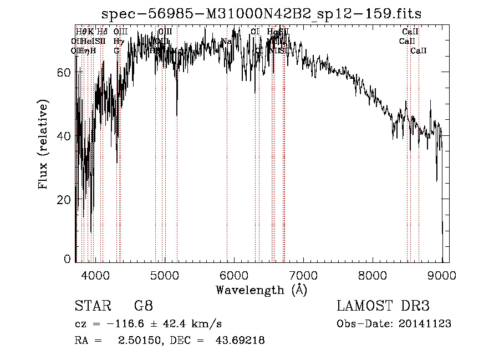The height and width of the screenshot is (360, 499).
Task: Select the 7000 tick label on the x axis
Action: tap(303, 275)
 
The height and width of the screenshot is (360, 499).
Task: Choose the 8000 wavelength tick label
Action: tap(373, 275)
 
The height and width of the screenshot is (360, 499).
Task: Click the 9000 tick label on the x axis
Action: tap(442, 275)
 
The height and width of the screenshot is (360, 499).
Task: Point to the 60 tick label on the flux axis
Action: tap(65, 73)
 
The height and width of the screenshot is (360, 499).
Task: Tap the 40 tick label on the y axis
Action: tap(65, 136)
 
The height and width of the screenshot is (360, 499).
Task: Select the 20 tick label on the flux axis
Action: tap(65, 199)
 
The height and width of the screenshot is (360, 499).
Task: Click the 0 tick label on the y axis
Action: tap(68, 258)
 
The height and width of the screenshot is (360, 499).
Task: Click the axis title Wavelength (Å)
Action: tap(261, 290)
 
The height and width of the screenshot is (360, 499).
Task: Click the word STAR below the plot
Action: tap(89, 306)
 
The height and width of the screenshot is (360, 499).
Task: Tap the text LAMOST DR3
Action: tap(383, 306)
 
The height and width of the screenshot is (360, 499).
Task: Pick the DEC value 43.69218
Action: tap(240, 341)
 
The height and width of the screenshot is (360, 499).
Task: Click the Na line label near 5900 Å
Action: tap(226, 42)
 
